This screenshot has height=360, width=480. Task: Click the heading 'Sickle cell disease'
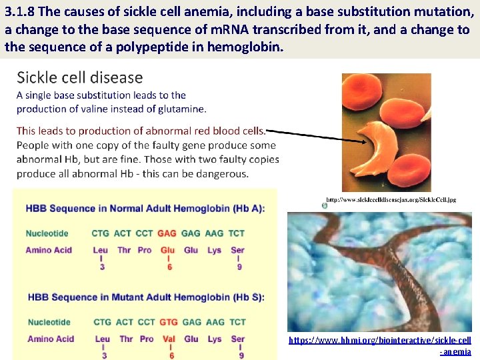click(x=79, y=77)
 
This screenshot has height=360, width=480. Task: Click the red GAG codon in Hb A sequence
click(x=167, y=233)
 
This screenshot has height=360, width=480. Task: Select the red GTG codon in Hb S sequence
click(x=169, y=322)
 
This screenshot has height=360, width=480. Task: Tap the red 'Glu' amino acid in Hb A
click(x=167, y=250)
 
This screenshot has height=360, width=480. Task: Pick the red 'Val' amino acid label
click(x=169, y=339)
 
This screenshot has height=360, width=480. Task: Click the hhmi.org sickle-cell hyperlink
click(x=380, y=345)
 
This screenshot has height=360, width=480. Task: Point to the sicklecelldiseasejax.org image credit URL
click(x=391, y=199)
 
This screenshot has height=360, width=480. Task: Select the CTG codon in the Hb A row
click(x=100, y=233)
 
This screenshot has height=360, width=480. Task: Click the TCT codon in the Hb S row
click(x=237, y=322)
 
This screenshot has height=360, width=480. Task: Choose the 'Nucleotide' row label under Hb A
click(x=47, y=233)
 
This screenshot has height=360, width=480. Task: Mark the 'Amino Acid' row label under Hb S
click(x=50, y=339)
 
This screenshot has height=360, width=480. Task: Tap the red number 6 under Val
click(x=171, y=355)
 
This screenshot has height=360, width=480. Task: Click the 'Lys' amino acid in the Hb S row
click(x=214, y=339)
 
